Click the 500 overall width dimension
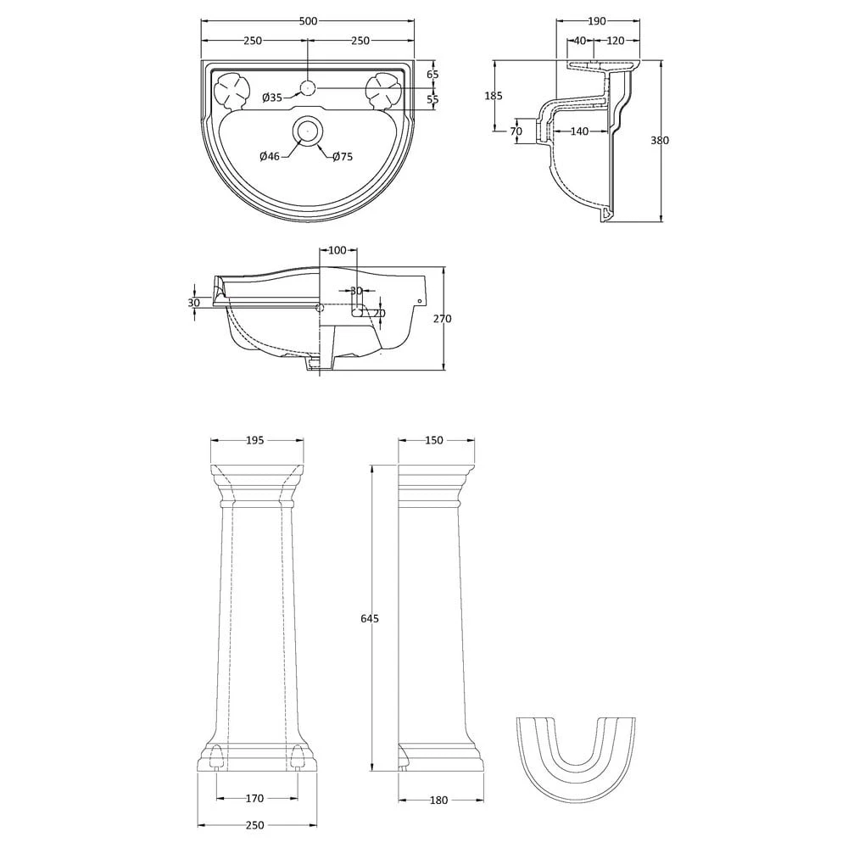(307, 21)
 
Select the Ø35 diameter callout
(272, 98)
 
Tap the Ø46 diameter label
(270, 156)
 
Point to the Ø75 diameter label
(343, 156)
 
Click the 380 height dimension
(659, 141)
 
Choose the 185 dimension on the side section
(494, 96)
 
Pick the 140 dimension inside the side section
(579, 131)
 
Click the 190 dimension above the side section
(596, 21)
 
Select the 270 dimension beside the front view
(443, 319)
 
